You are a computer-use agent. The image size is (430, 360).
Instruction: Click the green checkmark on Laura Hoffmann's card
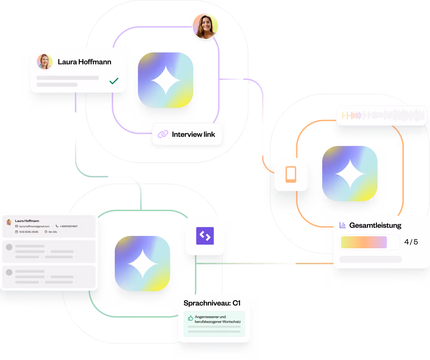[x=114, y=81]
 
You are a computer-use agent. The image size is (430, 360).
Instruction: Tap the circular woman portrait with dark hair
[x=205, y=26]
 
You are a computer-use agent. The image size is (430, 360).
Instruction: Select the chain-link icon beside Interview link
[x=163, y=134]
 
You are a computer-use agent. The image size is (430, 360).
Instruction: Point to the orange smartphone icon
[x=291, y=174]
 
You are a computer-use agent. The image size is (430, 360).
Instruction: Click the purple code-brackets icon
[x=205, y=236]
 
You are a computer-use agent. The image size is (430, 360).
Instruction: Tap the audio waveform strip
[x=381, y=115]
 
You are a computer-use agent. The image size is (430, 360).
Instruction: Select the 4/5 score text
[x=411, y=242]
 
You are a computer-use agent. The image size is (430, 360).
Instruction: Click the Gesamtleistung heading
[x=375, y=226]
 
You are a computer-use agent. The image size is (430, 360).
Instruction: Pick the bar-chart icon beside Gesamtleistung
[x=342, y=225]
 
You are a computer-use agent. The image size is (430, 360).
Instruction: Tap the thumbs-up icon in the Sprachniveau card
[x=191, y=318]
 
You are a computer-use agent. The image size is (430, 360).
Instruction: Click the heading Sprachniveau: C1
[x=212, y=303]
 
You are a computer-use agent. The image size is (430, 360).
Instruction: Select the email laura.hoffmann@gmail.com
[x=34, y=227]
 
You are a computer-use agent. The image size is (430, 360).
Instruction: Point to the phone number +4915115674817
[x=69, y=227]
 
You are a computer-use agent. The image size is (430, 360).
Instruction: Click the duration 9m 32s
[x=53, y=232]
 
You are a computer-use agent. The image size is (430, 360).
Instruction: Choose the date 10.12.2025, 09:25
[x=29, y=232]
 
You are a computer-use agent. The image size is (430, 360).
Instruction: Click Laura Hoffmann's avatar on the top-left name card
[x=44, y=61]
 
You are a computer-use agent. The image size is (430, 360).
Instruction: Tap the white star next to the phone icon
[x=350, y=173]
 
